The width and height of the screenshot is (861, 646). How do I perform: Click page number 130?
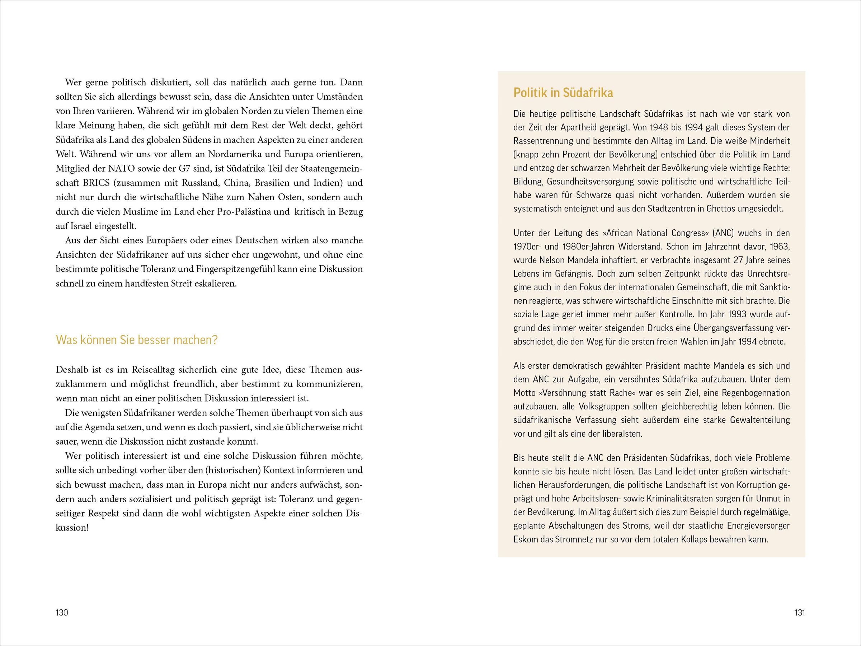(x=62, y=613)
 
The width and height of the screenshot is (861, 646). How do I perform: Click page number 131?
(x=800, y=613)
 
